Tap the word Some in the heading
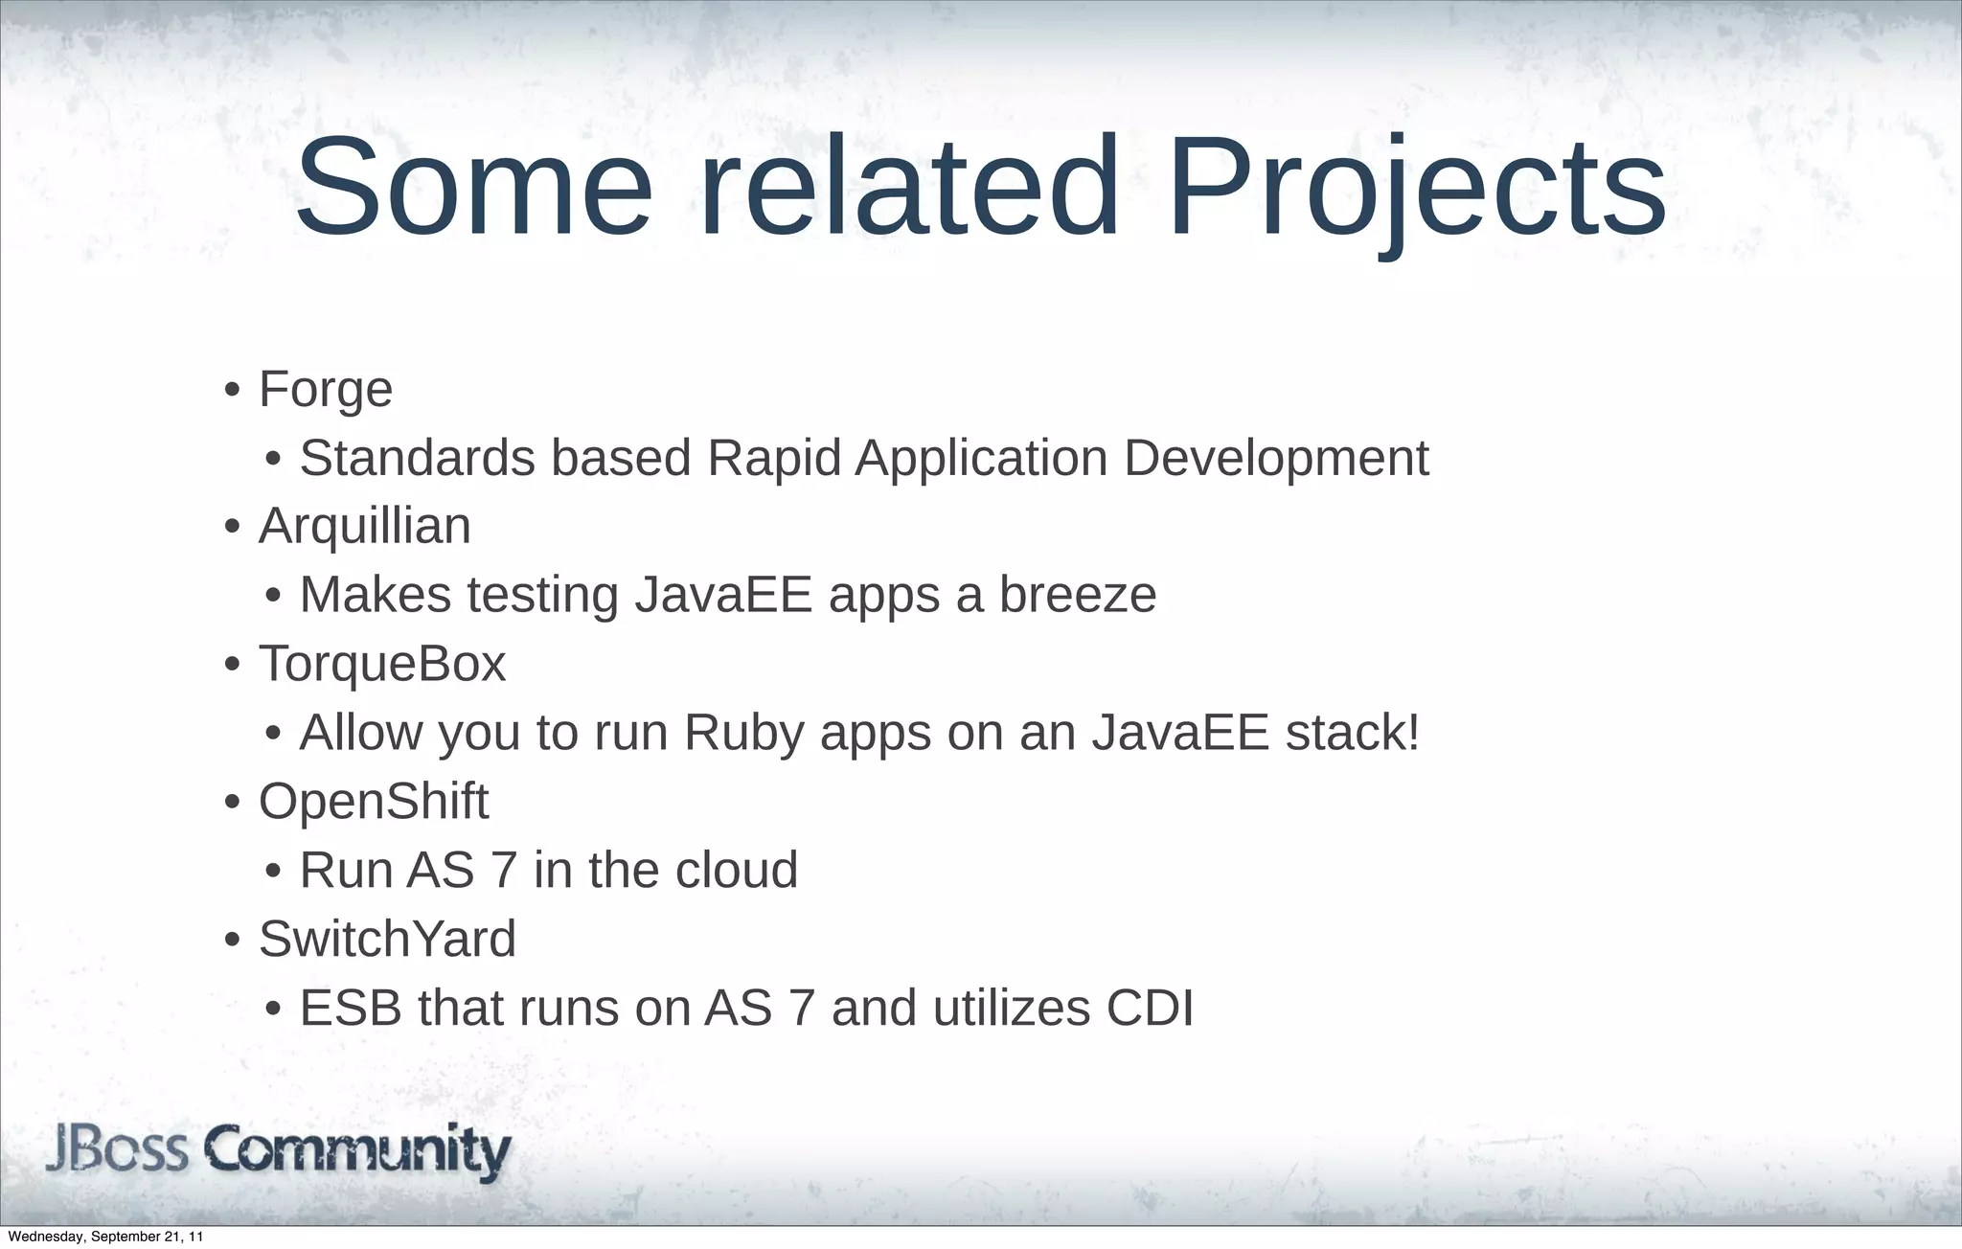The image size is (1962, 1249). [474, 187]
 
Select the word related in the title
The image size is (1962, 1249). [909, 187]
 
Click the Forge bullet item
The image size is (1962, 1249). [326, 390]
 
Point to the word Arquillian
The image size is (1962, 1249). [364, 527]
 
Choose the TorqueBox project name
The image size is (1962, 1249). [381, 664]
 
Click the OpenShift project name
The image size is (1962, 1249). [374, 801]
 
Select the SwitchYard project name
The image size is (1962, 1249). [387, 939]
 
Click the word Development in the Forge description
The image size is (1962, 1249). [1276, 458]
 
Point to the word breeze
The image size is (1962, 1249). [1078, 595]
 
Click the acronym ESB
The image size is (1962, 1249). [351, 1008]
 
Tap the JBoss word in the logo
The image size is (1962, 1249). [117, 1150]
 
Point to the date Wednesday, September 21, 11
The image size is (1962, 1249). [105, 1238]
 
